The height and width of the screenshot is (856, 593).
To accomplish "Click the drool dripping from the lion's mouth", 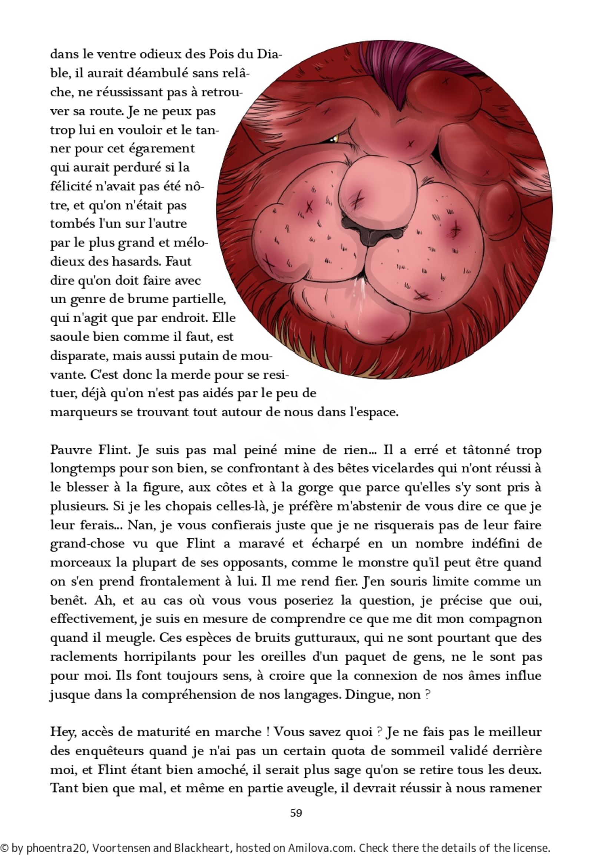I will click(x=361, y=301).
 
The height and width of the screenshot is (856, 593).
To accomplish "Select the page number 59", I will click(x=296, y=813).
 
